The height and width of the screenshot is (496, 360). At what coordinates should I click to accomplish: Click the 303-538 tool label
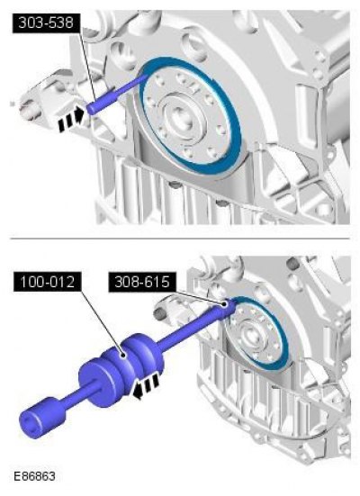click(x=46, y=23)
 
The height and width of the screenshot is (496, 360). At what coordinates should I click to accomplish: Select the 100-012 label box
click(x=47, y=281)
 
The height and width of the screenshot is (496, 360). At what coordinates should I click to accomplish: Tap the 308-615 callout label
click(x=141, y=282)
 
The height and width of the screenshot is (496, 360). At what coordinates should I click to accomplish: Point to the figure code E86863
click(x=34, y=476)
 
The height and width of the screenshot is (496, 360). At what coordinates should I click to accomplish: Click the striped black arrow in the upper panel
click(x=71, y=119)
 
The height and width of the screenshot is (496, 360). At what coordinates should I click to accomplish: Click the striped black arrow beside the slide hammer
click(x=146, y=385)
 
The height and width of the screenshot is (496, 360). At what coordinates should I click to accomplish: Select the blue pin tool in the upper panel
click(x=117, y=94)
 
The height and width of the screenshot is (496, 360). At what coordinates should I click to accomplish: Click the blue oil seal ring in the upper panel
click(x=191, y=116)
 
